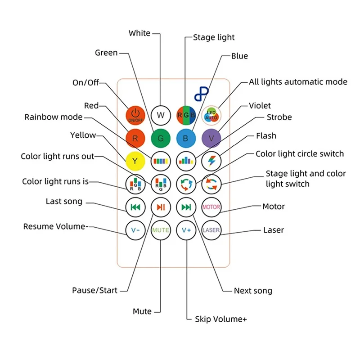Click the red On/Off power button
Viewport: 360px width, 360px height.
pyautogui.click(x=135, y=115)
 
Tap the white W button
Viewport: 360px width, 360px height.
pyautogui.click(x=161, y=115)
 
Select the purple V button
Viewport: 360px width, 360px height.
pyautogui.click(x=211, y=138)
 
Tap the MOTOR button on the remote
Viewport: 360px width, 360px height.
pyautogui.click(x=211, y=207)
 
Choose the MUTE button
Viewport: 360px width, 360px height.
pyautogui.click(x=161, y=230)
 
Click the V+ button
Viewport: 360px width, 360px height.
pyautogui.click(x=186, y=230)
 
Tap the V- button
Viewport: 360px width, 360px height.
pyautogui.click(x=135, y=230)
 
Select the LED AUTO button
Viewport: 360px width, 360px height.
pyautogui.click(x=211, y=115)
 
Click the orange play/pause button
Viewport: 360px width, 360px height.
pyautogui.click(x=161, y=207)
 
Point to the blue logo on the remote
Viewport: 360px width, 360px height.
pyautogui.click(x=202, y=94)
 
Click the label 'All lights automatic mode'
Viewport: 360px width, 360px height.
pyautogui.click(x=298, y=82)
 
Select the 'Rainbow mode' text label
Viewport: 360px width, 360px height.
pyautogui.click(x=54, y=117)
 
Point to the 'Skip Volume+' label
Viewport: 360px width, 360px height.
pyautogui.click(x=221, y=319)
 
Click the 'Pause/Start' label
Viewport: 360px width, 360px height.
pyautogui.click(x=94, y=290)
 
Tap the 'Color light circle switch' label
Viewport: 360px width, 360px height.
pyautogui.click(x=300, y=154)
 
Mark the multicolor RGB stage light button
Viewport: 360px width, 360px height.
pyautogui.click(x=186, y=115)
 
